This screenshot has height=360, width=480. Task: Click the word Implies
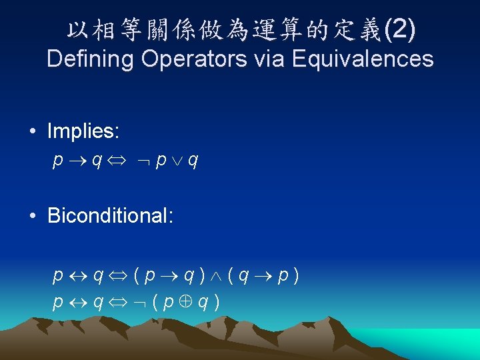(83, 131)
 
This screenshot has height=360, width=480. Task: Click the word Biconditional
(111, 215)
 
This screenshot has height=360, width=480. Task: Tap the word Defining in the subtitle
(91, 59)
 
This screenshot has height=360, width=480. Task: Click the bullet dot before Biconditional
(33, 217)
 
